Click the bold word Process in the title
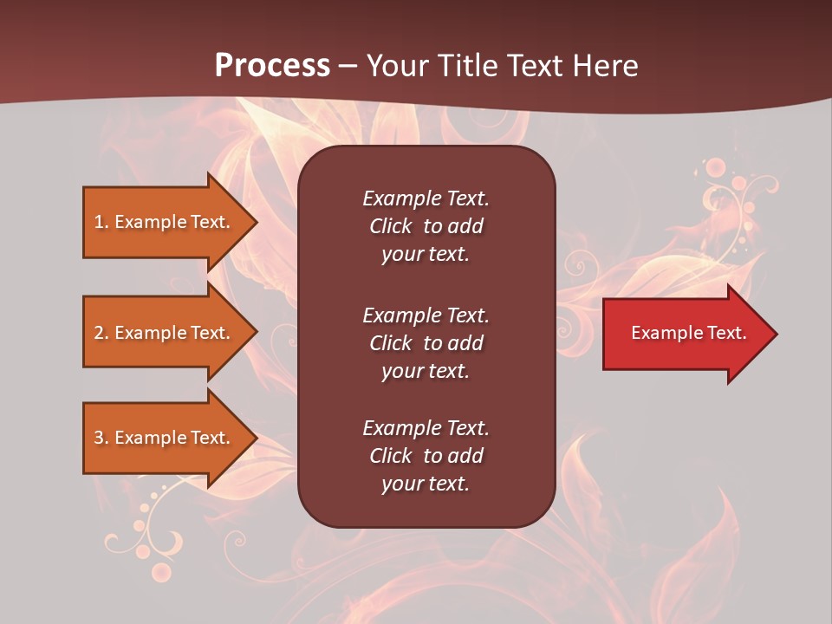coord(272,66)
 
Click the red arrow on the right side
coord(685,334)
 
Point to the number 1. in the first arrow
coord(101,223)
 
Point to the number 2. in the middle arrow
coord(101,334)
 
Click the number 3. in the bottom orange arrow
coord(101,439)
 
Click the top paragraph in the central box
coord(426,226)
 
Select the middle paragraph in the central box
coord(426,343)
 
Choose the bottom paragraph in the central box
coord(426,456)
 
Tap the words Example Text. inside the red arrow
coord(688,333)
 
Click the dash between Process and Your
coord(348,67)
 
